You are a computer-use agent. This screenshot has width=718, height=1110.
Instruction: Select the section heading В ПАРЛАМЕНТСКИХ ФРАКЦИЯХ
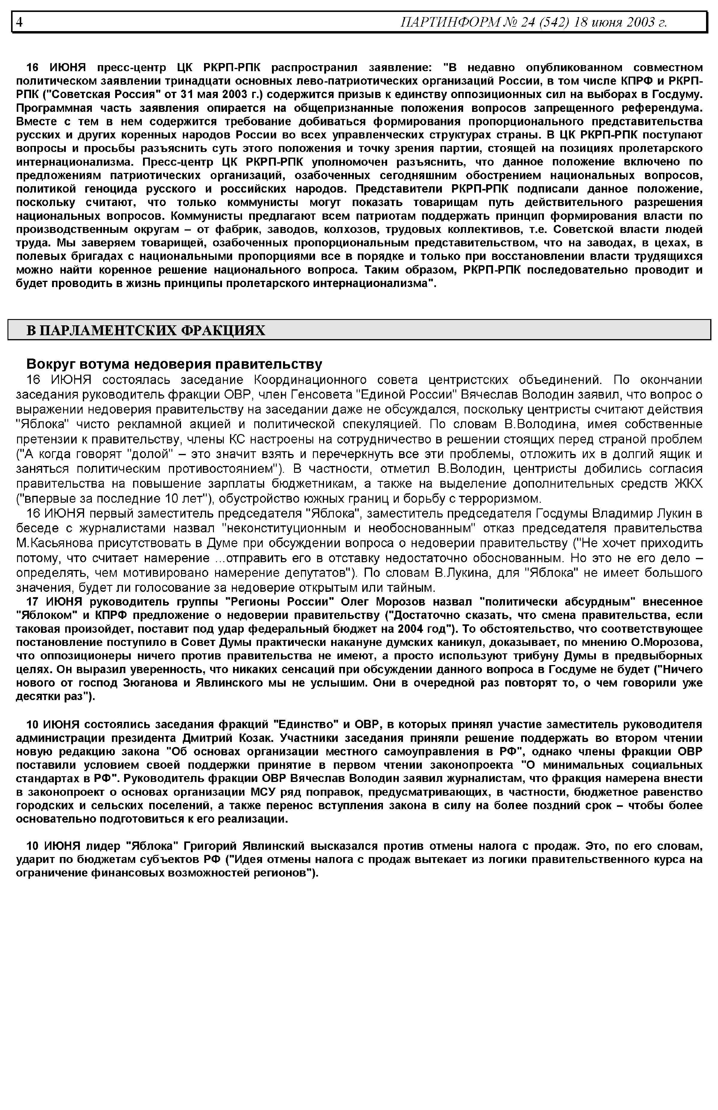[x=145, y=330]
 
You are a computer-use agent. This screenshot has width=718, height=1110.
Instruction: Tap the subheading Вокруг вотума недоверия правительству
[x=174, y=364]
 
